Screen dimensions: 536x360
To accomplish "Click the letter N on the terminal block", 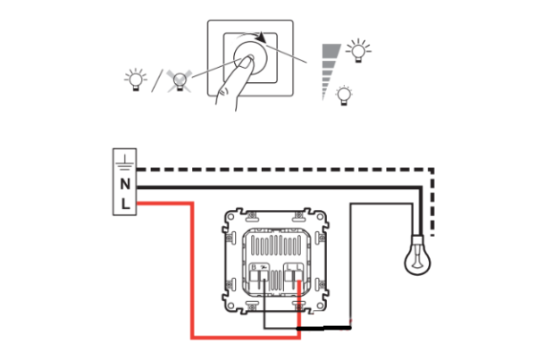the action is pyautogui.click(x=125, y=184).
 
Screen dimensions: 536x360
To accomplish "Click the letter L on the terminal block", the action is pyautogui.click(x=126, y=204).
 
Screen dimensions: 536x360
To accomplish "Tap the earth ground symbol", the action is pyautogui.click(x=125, y=162).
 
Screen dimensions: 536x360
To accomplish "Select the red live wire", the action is pyautogui.click(x=192, y=270).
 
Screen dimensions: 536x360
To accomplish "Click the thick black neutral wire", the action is pyautogui.click(x=279, y=188).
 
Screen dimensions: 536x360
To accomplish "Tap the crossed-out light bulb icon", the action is pyautogui.click(x=180, y=81).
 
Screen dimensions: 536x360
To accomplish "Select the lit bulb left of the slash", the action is pyautogui.click(x=136, y=80).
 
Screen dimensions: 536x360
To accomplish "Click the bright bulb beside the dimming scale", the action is pyautogui.click(x=358, y=51).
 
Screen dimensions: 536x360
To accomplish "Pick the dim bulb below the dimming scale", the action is pyautogui.click(x=344, y=96).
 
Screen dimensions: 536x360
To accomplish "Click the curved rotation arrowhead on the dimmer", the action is pyautogui.click(x=262, y=37).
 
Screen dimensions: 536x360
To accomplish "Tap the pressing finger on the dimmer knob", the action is pyautogui.click(x=233, y=82).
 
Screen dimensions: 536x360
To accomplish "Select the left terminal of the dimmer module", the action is pyautogui.click(x=259, y=276).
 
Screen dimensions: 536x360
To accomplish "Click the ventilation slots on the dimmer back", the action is pyautogui.click(x=276, y=245).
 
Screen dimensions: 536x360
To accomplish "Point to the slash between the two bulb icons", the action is pyautogui.click(x=157, y=80).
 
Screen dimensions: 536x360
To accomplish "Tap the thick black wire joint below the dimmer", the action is pyautogui.click(x=323, y=328).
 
